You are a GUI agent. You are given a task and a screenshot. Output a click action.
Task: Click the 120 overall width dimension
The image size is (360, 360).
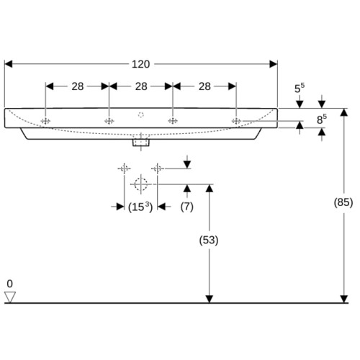click(141, 64)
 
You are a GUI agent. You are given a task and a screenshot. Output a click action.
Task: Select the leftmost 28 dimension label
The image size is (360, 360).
click(78, 86)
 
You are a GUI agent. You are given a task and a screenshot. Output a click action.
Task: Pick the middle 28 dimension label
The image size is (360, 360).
click(141, 86)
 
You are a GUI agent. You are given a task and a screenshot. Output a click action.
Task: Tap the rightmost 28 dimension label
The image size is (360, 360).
click(204, 86)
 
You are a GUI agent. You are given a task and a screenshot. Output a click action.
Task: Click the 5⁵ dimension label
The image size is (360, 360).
click(300, 88)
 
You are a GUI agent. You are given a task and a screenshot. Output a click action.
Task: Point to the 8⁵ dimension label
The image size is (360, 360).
click(322, 120)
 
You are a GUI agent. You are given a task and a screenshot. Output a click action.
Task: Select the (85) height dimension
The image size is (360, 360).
click(343, 202)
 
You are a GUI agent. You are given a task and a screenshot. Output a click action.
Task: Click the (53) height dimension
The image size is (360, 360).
click(209, 240)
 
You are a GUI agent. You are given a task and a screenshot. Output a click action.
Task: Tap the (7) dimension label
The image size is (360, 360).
click(187, 207)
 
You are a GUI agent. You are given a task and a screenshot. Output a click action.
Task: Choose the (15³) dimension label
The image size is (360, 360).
click(140, 207)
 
